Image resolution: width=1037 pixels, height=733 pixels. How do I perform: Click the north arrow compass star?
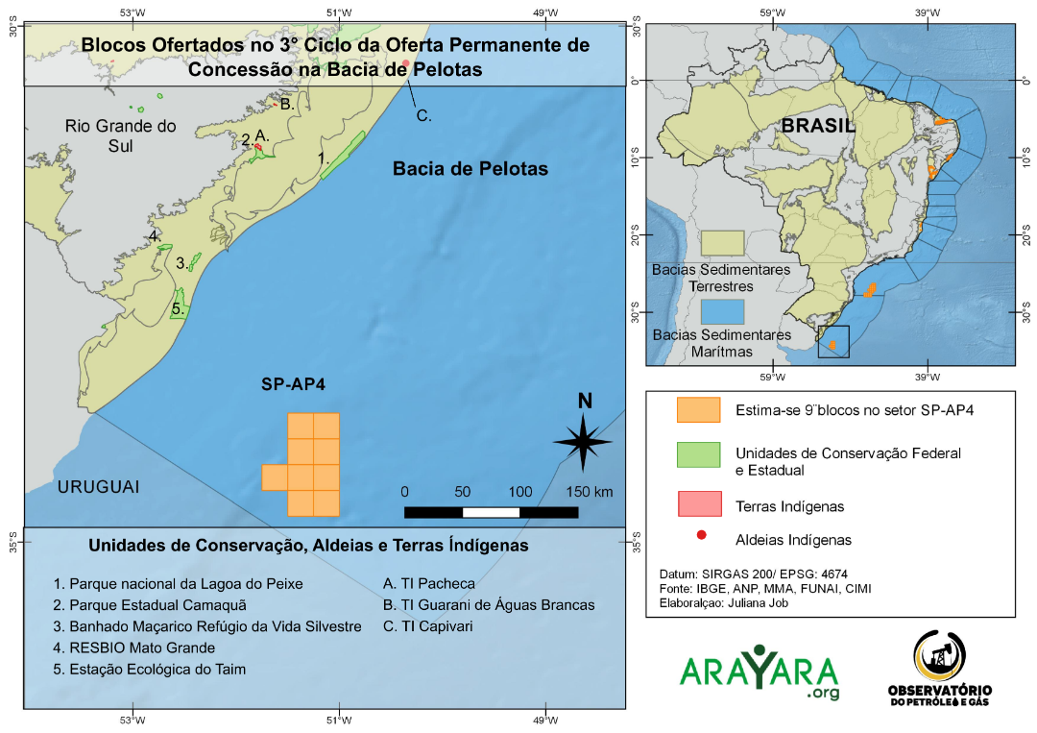pyautogui.click(x=583, y=441)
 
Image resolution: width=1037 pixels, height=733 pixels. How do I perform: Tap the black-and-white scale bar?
pyautogui.click(x=491, y=512)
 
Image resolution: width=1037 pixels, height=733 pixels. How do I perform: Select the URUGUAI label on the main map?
pyautogui.click(x=98, y=487)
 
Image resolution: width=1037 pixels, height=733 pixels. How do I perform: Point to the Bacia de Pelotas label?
pyautogui.click(x=470, y=169)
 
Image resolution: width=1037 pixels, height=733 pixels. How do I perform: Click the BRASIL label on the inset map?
pyautogui.click(x=818, y=126)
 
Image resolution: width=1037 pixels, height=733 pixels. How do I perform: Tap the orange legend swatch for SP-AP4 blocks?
pyautogui.click(x=698, y=410)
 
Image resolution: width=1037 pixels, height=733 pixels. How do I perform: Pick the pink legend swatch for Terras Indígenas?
pyautogui.click(x=698, y=503)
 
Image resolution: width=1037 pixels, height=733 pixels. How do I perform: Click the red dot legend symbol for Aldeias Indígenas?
pyautogui.click(x=701, y=536)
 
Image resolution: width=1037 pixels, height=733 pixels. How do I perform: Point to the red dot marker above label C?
pyautogui.click(x=406, y=63)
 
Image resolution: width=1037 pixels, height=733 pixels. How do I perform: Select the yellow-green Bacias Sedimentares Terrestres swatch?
pyautogui.click(x=722, y=242)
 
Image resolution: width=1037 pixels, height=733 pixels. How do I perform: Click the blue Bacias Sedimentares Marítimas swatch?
pyautogui.click(x=722, y=311)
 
